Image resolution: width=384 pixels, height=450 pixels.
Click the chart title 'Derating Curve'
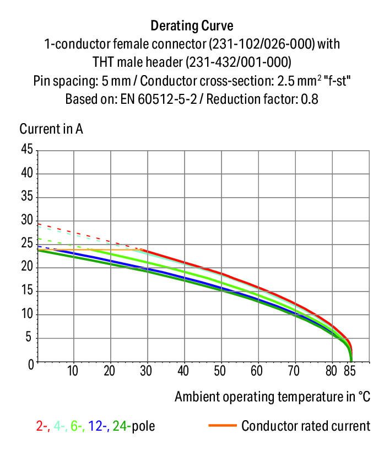click(192, 26)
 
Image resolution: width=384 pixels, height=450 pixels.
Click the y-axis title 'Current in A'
click(51, 129)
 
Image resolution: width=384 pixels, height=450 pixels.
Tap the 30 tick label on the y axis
click(27, 221)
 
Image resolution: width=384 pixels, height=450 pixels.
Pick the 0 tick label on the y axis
click(30, 363)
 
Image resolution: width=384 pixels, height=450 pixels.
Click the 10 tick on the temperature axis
click(73, 370)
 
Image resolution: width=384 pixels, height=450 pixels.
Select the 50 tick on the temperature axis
click(220, 370)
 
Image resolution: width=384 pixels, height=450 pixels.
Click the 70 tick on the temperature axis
click(294, 370)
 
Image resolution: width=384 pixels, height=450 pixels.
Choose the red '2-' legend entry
click(41, 426)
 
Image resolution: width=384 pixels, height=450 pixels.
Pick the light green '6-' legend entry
click(76, 426)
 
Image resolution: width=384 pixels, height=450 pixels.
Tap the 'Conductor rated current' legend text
click(306, 426)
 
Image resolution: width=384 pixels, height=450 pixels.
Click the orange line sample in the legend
click(223, 426)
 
